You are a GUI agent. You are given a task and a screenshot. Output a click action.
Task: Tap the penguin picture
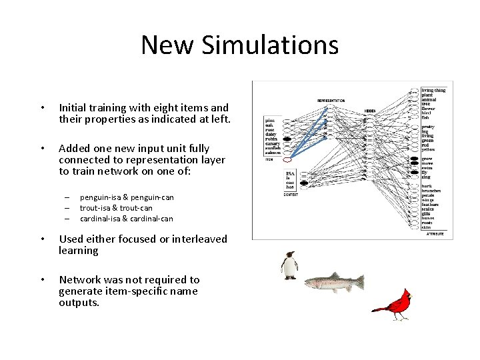click(x=289, y=265)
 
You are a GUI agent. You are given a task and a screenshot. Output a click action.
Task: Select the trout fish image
click(x=334, y=283)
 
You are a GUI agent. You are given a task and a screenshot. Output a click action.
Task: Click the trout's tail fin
click(x=359, y=282)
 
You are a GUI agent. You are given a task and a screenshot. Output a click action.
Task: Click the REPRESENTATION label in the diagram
click(x=331, y=101)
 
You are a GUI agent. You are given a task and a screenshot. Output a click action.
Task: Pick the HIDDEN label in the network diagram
click(x=370, y=111)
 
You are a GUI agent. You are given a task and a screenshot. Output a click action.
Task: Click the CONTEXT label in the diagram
click(x=289, y=194)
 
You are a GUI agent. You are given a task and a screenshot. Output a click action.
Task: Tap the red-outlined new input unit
click(x=287, y=160)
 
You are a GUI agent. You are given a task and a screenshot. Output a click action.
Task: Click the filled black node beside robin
click(x=287, y=139)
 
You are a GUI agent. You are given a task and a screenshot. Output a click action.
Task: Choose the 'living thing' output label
click(x=433, y=90)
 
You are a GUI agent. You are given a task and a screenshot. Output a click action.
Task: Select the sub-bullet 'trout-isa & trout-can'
click(x=116, y=208)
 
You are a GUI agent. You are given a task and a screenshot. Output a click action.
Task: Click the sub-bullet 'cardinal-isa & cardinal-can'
click(x=126, y=219)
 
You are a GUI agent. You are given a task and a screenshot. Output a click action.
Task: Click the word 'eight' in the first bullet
click(x=173, y=107)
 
